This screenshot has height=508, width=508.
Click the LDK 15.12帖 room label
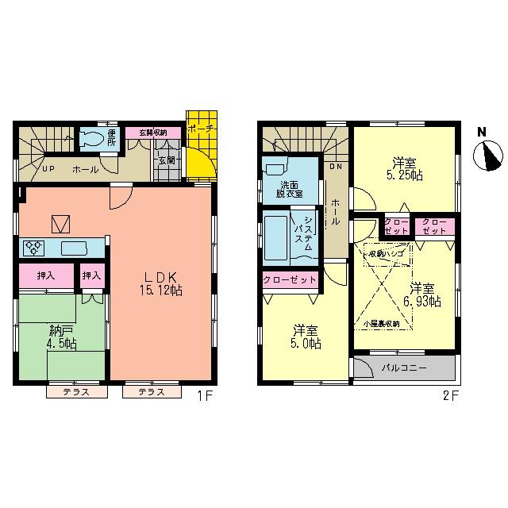163,283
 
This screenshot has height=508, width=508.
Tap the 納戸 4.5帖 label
60,337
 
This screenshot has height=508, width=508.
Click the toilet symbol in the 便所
92,140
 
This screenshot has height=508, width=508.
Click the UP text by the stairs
48,169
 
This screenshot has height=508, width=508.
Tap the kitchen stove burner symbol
35,248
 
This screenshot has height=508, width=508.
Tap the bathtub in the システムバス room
278,236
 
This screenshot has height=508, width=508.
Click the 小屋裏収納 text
381,324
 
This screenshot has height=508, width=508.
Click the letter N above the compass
482,132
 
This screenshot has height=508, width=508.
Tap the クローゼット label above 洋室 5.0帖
291,280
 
